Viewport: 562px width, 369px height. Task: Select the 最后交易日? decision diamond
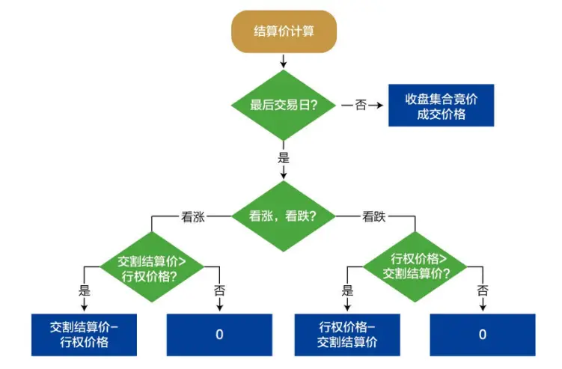[x=283, y=105]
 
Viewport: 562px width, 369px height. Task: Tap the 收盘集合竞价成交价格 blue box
[x=441, y=105]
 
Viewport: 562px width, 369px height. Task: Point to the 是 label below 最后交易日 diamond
[x=283, y=158]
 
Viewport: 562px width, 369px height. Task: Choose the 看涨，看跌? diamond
[x=283, y=216]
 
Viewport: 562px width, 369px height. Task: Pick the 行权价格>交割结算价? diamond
[x=416, y=266]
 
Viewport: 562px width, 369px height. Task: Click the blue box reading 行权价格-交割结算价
[x=347, y=335]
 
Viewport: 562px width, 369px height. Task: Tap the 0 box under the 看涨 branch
[x=219, y=335]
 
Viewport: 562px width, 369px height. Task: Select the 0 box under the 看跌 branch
[x=483, y=335]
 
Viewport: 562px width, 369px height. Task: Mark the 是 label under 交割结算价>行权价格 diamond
[x=85, y=290]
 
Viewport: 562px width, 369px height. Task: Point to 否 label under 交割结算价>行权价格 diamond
[x=219, y=290]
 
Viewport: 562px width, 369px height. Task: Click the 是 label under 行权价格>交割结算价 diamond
[x=347, y=290]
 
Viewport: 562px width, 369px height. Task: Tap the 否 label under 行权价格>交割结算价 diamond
[x=483, y=290]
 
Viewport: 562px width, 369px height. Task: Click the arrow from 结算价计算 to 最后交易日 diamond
[x=283, y=61]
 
